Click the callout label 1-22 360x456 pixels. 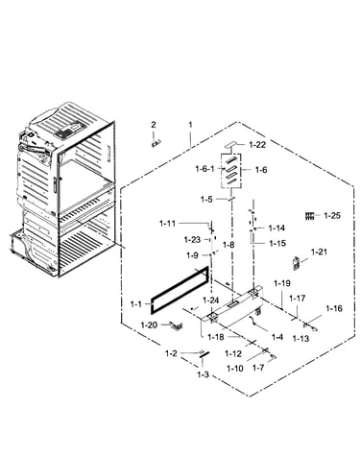(x=257, y=145)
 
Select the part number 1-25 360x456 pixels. (x=332, y=216)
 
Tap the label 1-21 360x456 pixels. (x=319, y=252)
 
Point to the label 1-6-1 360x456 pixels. (x=204, y=169)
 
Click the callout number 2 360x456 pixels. (x=154, y=125)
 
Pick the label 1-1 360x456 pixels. (x=136, y=304)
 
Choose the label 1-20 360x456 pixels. (x=149, y=325)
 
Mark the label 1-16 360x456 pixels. (x=334, y=308)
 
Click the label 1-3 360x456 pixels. (x=203, y=374)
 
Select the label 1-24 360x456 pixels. (x=211, y=300)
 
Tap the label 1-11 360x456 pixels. (x=167, y=223)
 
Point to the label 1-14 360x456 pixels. (x=276, y=228)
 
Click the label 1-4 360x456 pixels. (x=277, y=337)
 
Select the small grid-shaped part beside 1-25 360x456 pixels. (x=310, y=216)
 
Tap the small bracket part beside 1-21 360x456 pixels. (x=297, y=263)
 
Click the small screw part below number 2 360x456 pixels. (x=156, y=143)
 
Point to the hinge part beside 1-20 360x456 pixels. (x=177, y=326)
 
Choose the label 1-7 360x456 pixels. (x=258, y=368)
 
